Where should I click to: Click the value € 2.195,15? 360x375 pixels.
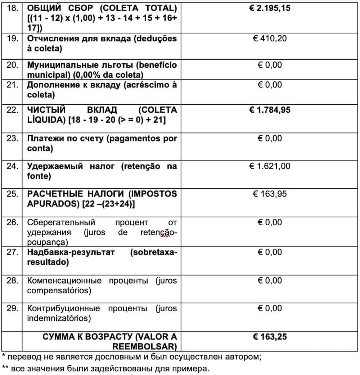[270, 8]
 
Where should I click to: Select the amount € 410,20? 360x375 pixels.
[270, 38]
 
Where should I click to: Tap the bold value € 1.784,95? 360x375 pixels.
[270, 110]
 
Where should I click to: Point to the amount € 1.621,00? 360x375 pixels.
[270, 166]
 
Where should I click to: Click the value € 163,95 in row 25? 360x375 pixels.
[270, 194]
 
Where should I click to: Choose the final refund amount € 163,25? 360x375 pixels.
[270, 337]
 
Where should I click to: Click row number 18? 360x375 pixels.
[13, 8]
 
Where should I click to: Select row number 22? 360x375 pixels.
[13, 110]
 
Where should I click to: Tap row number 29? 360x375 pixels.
[13, 308]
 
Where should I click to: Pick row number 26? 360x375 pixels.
[13, 222]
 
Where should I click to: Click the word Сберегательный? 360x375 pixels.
[61, 222]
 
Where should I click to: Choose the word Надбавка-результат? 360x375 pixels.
[71, 252]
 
